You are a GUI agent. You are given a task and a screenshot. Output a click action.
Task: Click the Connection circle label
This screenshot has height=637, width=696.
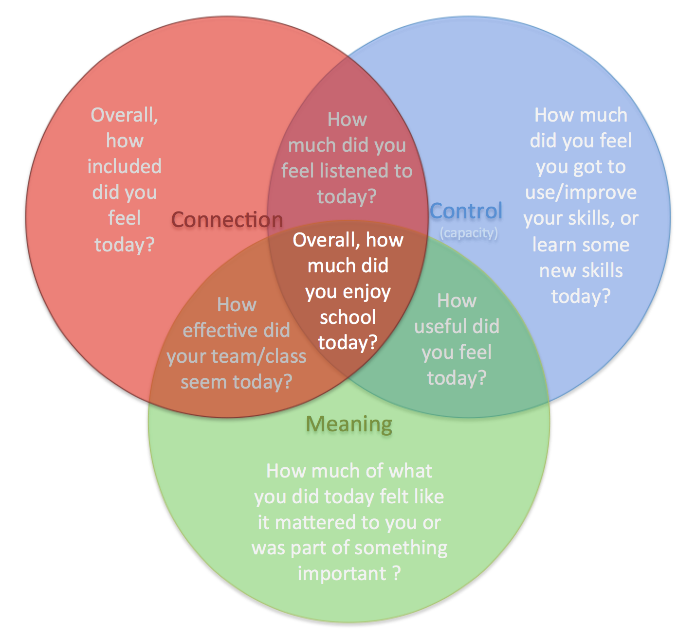click(227, 220)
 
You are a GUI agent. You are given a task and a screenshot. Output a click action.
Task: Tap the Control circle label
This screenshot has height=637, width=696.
click(466, 211)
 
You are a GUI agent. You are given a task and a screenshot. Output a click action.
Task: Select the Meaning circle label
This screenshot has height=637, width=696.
click(349, 424)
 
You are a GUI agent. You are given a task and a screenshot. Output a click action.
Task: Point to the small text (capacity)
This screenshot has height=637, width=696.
click(469, 233)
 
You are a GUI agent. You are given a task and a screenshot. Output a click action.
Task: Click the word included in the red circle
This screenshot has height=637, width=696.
click(125, 166)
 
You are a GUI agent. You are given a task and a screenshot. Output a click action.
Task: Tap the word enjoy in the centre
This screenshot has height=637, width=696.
click(368, 292)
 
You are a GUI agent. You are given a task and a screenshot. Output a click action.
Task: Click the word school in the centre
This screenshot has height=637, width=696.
click(348, 317)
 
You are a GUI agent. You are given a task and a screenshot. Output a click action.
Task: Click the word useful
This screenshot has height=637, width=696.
click(436, 326)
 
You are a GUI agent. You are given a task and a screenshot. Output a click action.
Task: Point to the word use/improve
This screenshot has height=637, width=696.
click(581, 193)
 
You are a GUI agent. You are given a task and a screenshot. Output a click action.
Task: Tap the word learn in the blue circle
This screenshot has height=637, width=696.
click(553, 245)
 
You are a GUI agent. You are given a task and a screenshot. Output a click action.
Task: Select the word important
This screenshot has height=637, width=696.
click(342, 574)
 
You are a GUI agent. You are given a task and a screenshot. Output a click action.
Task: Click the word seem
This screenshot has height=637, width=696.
click(204, 382)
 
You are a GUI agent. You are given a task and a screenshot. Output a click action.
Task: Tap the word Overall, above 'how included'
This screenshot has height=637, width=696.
click(125, 115)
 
